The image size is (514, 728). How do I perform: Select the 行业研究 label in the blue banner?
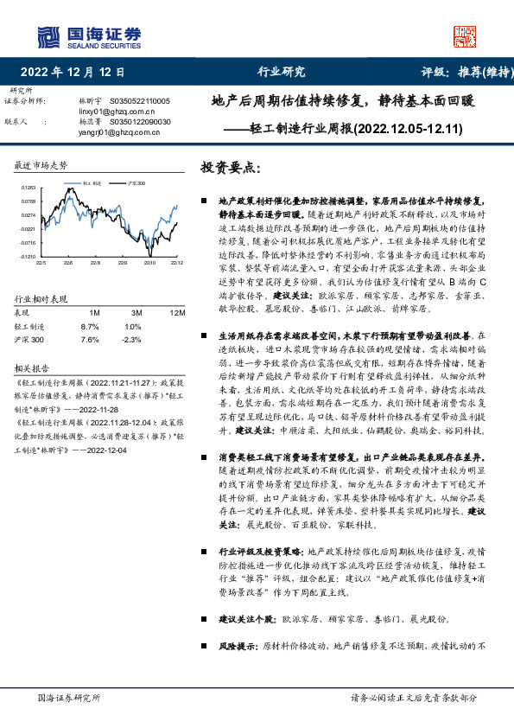pos(282,72)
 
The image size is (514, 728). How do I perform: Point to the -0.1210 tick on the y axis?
pos(29,257)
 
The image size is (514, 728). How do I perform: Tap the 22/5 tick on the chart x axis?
pos(41,262)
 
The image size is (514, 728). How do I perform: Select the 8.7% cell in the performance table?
pos(89,327)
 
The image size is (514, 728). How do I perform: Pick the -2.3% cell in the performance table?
pos(130,340)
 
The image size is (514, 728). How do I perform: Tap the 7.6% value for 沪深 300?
pos(89,340)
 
